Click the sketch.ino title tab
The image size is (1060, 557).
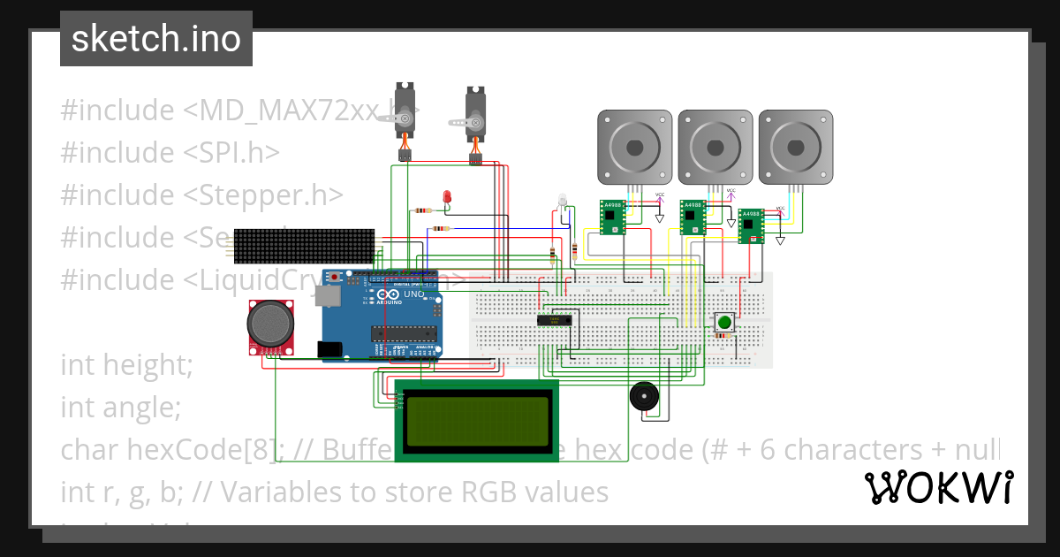coord(155,39)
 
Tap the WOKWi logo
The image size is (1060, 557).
coord(938,487)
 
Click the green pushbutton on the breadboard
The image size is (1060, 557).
coord(724,322)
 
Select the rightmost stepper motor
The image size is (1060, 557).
coord(795,147)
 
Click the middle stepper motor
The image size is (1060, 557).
coord(715,147)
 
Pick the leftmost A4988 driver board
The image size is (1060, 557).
coord(611,217)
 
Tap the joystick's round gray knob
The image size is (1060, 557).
coord(270,323)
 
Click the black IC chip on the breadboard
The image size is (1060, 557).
coord(556,320)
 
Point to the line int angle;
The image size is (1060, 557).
coord(120,407)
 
